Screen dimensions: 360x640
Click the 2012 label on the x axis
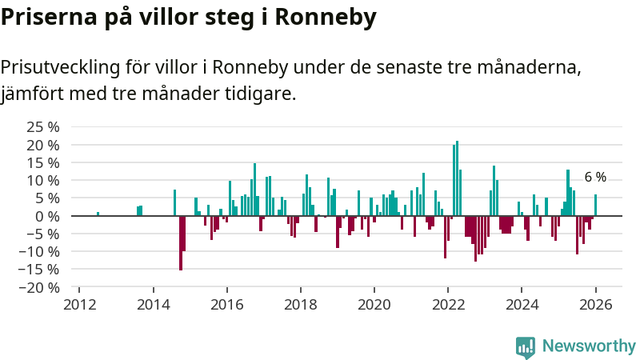pos(80,305)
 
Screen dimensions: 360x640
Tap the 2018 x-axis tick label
pos(301,305)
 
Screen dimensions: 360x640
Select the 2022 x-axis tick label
pos(448,305)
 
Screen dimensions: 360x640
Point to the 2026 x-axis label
pos(595,305)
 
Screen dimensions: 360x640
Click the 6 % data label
pos(595,178)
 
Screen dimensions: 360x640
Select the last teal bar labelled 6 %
pos(595,206)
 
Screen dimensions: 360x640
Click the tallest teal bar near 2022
pos(457,178)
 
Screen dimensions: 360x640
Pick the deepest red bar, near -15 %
pos(181,243)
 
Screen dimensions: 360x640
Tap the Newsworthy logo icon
pos(526,346)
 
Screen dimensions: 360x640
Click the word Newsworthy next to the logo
pos(589,346)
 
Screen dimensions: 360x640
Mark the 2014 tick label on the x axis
pos(154,305)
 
